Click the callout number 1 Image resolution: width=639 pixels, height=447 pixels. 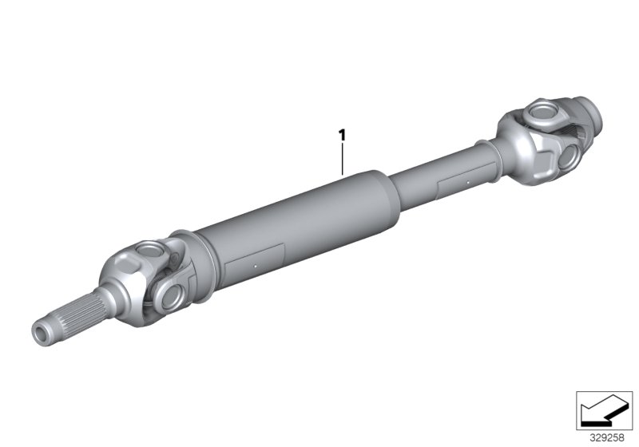[x=343, y=136]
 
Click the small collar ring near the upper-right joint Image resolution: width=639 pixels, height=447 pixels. [x=486, y=152]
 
